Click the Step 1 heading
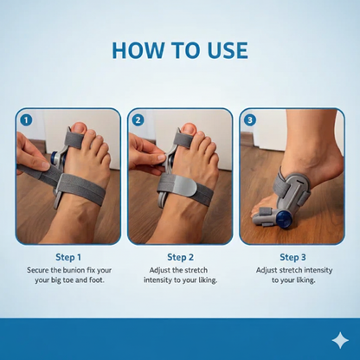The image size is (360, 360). point(67,257)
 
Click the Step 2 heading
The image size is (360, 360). point(179,257)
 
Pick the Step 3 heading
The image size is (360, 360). point(292,257)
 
